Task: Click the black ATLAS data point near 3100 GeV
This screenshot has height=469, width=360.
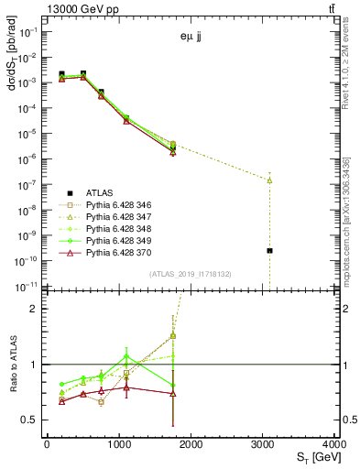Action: pyautogui.click(x=269, y=250)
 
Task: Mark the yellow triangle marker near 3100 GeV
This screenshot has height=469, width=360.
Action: pyautogui.click(x=269, y=180)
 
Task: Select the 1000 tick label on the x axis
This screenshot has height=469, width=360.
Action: pyautogui.click(x=118, y=446)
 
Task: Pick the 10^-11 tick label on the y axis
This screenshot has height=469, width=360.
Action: pyautogui.click(x=27, y=286)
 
